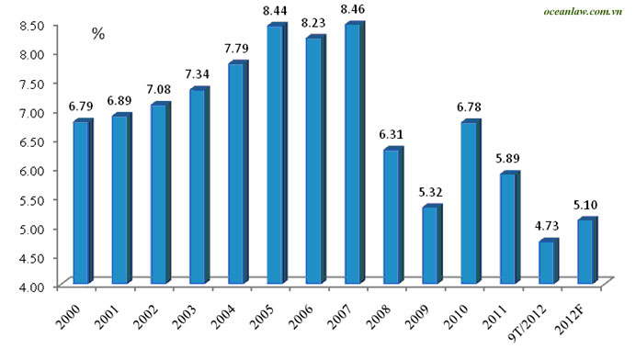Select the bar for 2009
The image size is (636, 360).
point(432,244)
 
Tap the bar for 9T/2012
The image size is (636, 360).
point(549,261)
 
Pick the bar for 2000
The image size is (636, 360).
point(83,201)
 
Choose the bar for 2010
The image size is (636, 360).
point(471,201)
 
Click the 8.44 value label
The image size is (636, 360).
point(275,10)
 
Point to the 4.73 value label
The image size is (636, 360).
point(547,226)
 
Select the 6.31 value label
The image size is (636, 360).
point(392,134)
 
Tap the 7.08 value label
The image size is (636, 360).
point(159,89)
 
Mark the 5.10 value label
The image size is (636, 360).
point(585,205)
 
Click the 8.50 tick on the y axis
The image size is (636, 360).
point(31,25)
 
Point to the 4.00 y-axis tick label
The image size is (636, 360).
point(31,287)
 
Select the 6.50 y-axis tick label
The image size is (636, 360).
point(31,141)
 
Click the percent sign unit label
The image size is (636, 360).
point(98,34)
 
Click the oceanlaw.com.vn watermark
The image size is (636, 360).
point(583,11)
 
